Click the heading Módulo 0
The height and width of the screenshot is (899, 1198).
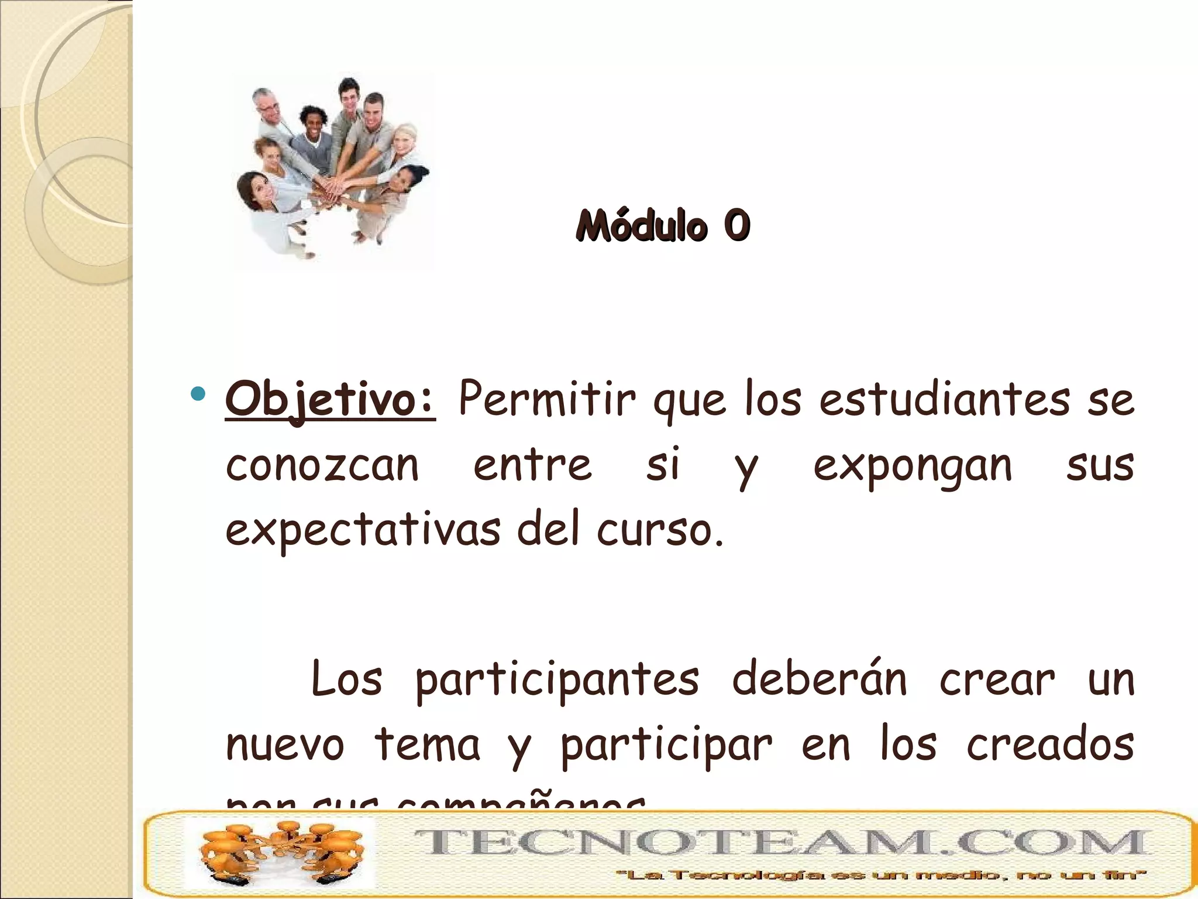click(x=662, y=225)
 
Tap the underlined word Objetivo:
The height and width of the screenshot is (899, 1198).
click(x=331, y=400)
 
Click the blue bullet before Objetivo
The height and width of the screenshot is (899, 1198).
click(x=198, y=393)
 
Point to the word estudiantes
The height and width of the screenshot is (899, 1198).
click(x=944, y=400)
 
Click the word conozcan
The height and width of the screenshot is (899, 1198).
click(x=322, y=466)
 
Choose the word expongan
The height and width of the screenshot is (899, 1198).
click(x=913, y=467)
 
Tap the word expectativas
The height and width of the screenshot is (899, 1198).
click(x=363, y=530)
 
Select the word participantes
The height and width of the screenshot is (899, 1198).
click(x=557, y=680)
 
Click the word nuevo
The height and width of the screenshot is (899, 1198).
click(x=285, y=746)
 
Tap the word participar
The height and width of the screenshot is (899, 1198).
click(x=666, y=746)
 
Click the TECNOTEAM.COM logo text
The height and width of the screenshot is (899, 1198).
click(x=780, y=843)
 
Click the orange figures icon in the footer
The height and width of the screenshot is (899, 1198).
click(x=280, y=853)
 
